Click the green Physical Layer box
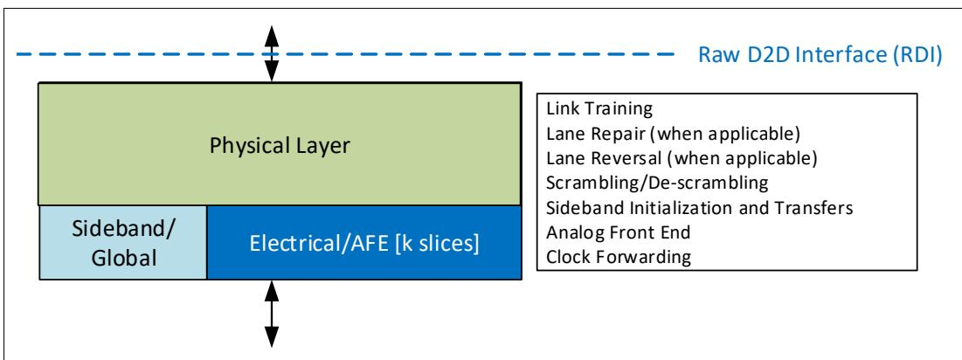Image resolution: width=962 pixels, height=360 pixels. (280, 143)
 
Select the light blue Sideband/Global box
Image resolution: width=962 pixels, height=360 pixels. (123, 243)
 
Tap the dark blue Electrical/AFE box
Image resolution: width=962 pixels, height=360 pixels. (364, 243)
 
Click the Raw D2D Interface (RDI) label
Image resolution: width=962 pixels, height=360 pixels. (820, 55)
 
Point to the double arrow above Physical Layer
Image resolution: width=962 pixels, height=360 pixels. (272, 54)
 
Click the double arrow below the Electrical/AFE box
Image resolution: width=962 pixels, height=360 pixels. (272, 314)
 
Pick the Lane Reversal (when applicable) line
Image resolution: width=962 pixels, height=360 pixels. (682, 158)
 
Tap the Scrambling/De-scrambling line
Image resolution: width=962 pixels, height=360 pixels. (656, 183)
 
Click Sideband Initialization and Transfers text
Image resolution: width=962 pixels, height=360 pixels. (699, 207)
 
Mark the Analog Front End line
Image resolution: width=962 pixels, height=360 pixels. (618, 232)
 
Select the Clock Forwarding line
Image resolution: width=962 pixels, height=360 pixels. (618, 256)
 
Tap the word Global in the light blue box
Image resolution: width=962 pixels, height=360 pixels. (124, 258)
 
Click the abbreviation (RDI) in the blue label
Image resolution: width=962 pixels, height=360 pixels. (915, 55)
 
